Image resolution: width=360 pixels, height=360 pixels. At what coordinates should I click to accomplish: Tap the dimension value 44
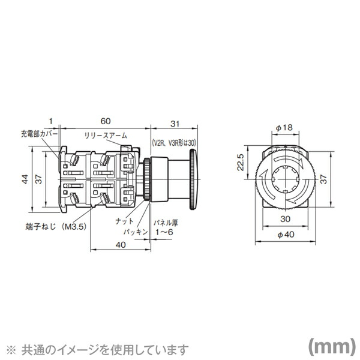coord(24,179)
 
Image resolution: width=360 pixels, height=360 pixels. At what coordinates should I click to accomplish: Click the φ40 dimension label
coord(285,235)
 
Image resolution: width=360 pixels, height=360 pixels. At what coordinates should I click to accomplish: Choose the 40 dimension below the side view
coord(120,244)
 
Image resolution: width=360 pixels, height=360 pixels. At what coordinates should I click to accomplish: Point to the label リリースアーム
coord(105,136)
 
